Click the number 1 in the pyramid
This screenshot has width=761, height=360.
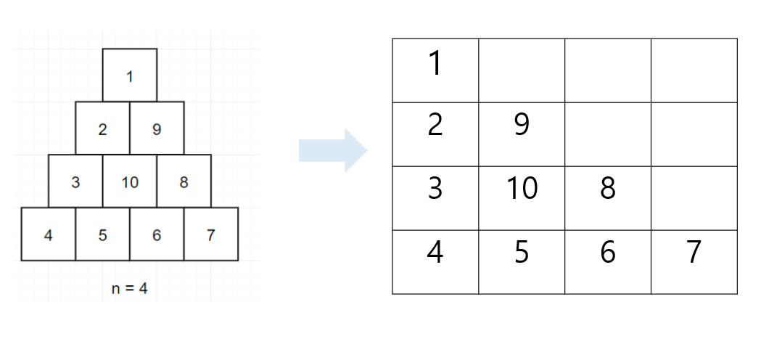[129, 77]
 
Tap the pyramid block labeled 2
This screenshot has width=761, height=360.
[102, 128]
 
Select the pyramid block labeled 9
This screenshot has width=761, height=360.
[157, 128]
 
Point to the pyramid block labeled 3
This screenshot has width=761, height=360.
[75, 181]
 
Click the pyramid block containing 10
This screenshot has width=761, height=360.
[130, 181]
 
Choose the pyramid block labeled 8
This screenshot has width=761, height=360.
[184, 181]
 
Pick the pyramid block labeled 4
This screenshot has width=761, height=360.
[48, 234]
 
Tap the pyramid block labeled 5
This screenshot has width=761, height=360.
[102, 234]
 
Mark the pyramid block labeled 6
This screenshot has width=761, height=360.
[157, 234]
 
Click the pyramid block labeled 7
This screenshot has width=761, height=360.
[211, 234]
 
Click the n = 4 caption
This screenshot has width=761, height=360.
[130, 289]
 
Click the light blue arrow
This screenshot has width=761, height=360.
[333, 151]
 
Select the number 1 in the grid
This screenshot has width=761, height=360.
[436, 64]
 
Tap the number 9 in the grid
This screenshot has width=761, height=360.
[522, 124]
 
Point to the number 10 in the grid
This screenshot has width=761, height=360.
[522, 188]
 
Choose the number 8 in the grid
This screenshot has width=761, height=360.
[608, 188]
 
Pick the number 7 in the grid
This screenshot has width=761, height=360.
[694, 252]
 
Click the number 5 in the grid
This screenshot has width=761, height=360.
[522, 252]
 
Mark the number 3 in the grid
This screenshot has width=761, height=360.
[435, 188]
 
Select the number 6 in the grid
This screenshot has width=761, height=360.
[608, 252]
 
